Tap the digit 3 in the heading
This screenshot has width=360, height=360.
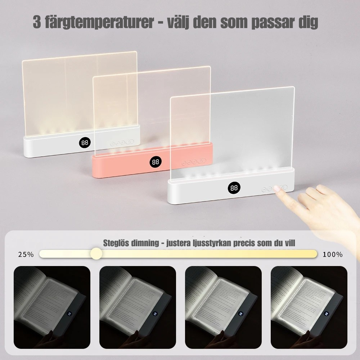[37, 22]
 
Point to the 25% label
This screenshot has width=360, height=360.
[26, 255]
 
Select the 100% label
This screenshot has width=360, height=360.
[333, 255]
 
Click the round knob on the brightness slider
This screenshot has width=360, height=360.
[96, 254]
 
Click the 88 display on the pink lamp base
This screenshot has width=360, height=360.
[155, 162]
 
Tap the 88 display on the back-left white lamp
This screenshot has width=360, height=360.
[85, 143]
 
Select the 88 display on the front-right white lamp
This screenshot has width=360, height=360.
[234, 188]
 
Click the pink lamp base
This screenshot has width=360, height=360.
[126, 166]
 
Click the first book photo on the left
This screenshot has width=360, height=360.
[52, 307]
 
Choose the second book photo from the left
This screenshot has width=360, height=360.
[138, 307]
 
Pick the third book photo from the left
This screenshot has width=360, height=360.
[223, 307]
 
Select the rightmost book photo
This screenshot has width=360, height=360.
[309, 307]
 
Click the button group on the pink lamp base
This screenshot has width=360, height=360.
[194, 162]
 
